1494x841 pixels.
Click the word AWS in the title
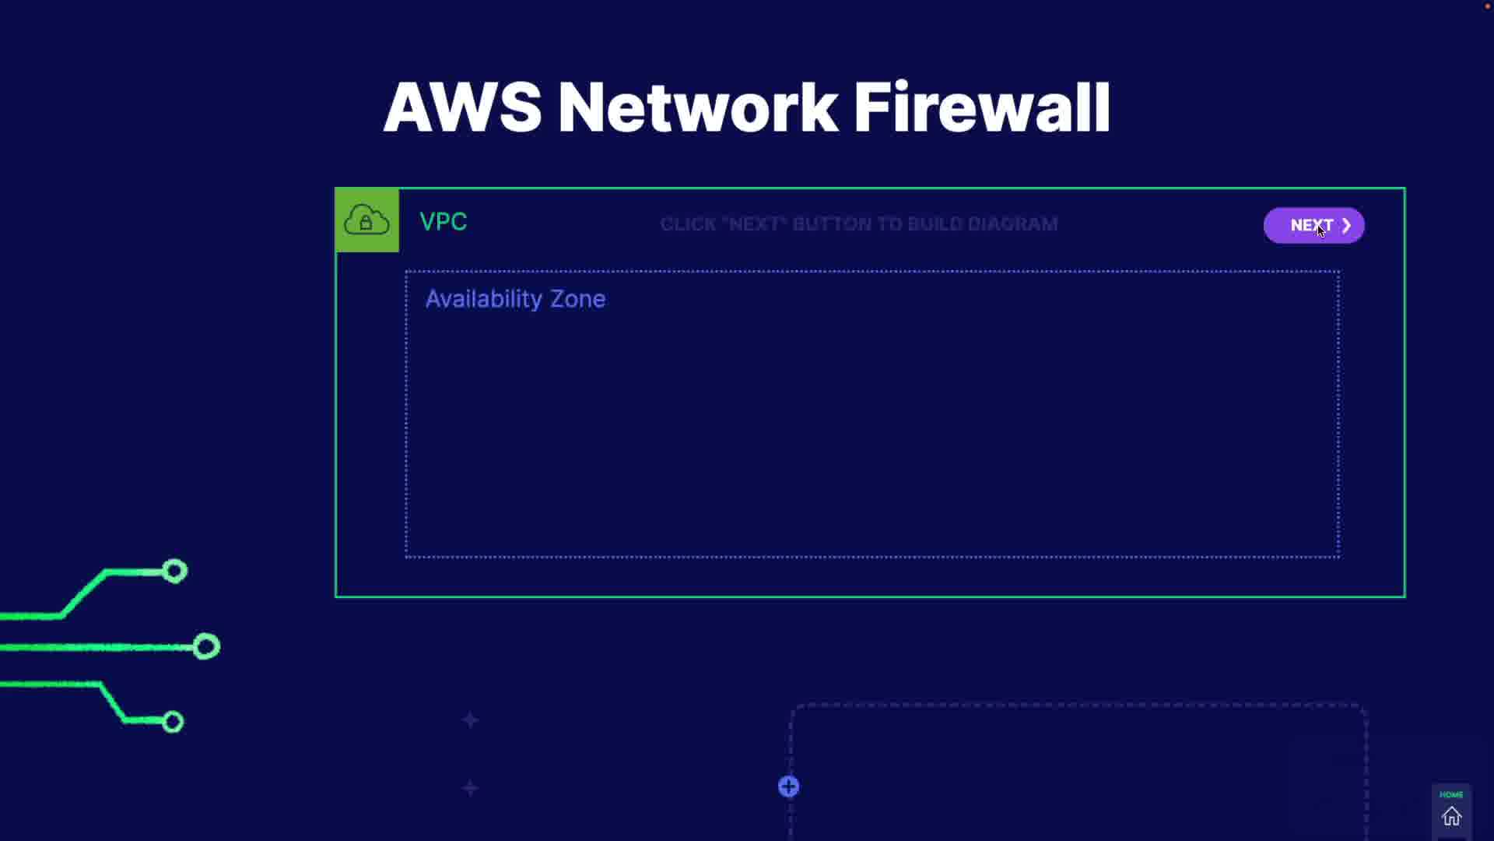coord(462,107)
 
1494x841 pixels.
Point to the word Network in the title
coord(698,107)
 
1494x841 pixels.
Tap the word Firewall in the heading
coord(982,107)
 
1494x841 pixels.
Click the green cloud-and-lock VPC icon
coord(366,220)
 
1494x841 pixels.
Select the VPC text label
coord(443,222)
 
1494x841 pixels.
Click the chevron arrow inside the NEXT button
coord(1346,225)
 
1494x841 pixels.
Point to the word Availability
coord(483,299)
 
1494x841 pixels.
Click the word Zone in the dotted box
coord(577,299)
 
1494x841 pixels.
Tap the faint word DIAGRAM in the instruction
coord(1012,224)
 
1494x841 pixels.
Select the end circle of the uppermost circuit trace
coord(174,572)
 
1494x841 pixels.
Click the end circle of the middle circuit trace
coord(206,646)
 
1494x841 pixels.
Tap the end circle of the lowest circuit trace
coord(173,722)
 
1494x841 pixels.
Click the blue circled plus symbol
coord(788,786)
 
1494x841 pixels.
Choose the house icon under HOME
coord(1451,817)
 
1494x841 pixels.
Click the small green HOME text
coord(1451,795)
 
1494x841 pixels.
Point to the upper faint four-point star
coord(470,720)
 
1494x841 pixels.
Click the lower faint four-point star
coord(470,789)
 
